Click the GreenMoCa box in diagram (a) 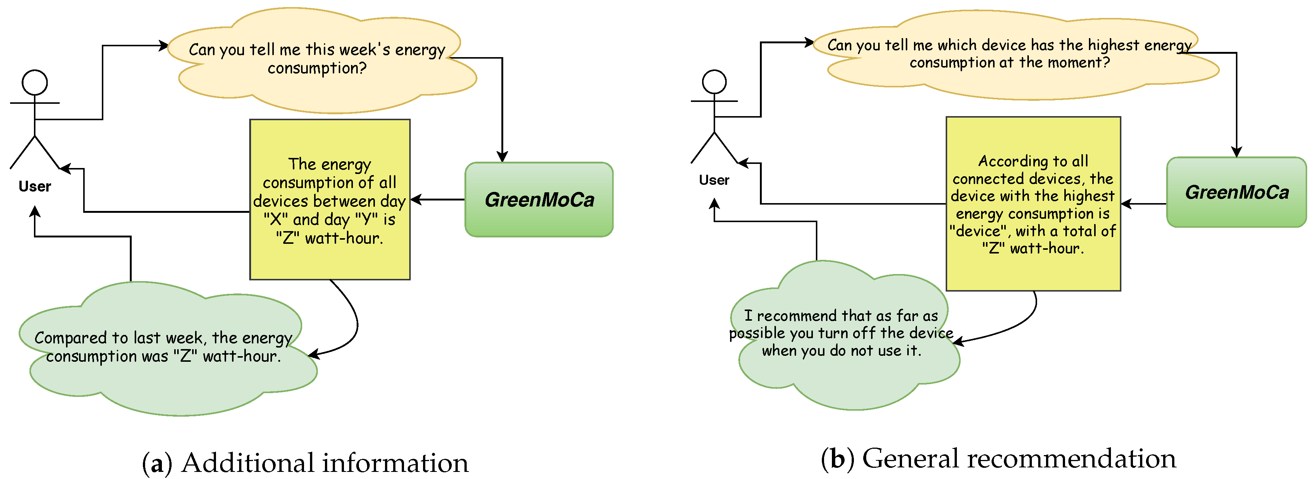coord(539,200)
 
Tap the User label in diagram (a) coord(35,186)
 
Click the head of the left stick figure coord(35,83)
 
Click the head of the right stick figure coord(714,82)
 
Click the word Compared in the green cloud coord(71,338)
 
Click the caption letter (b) coord(837,458)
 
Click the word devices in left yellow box coord(278,201)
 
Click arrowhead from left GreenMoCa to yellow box coord(416,200)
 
